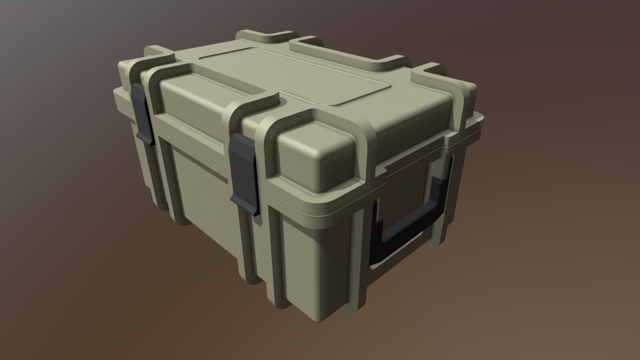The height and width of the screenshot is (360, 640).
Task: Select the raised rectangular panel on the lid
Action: point(293,75)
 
